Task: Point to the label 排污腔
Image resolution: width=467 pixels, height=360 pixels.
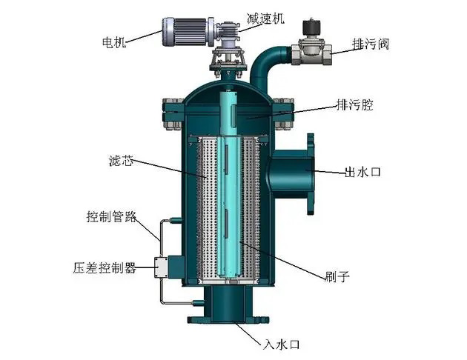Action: click(355, 105)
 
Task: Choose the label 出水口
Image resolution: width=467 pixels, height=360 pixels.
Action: click(362, 173)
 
